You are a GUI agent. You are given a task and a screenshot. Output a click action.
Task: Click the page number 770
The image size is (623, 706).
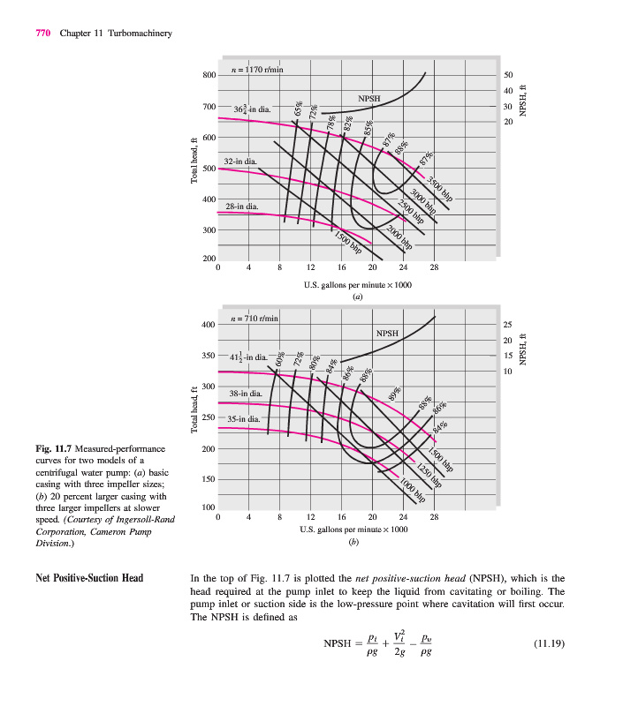[42, 34]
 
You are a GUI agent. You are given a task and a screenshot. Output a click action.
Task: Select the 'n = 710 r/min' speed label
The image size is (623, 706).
[254, 318]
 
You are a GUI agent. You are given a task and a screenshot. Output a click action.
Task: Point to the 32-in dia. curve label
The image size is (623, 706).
[241, 161]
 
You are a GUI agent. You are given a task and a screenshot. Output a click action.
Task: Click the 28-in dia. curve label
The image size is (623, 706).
[241, 206]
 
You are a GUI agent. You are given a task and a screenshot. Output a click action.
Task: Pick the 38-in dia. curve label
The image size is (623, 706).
[245, 392]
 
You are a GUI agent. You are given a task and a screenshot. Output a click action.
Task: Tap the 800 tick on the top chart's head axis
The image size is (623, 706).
[209, 75]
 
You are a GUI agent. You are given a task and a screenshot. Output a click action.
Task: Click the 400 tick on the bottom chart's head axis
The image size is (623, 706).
[209, 325]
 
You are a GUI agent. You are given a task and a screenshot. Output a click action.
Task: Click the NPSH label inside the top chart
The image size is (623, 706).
[369, 97]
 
